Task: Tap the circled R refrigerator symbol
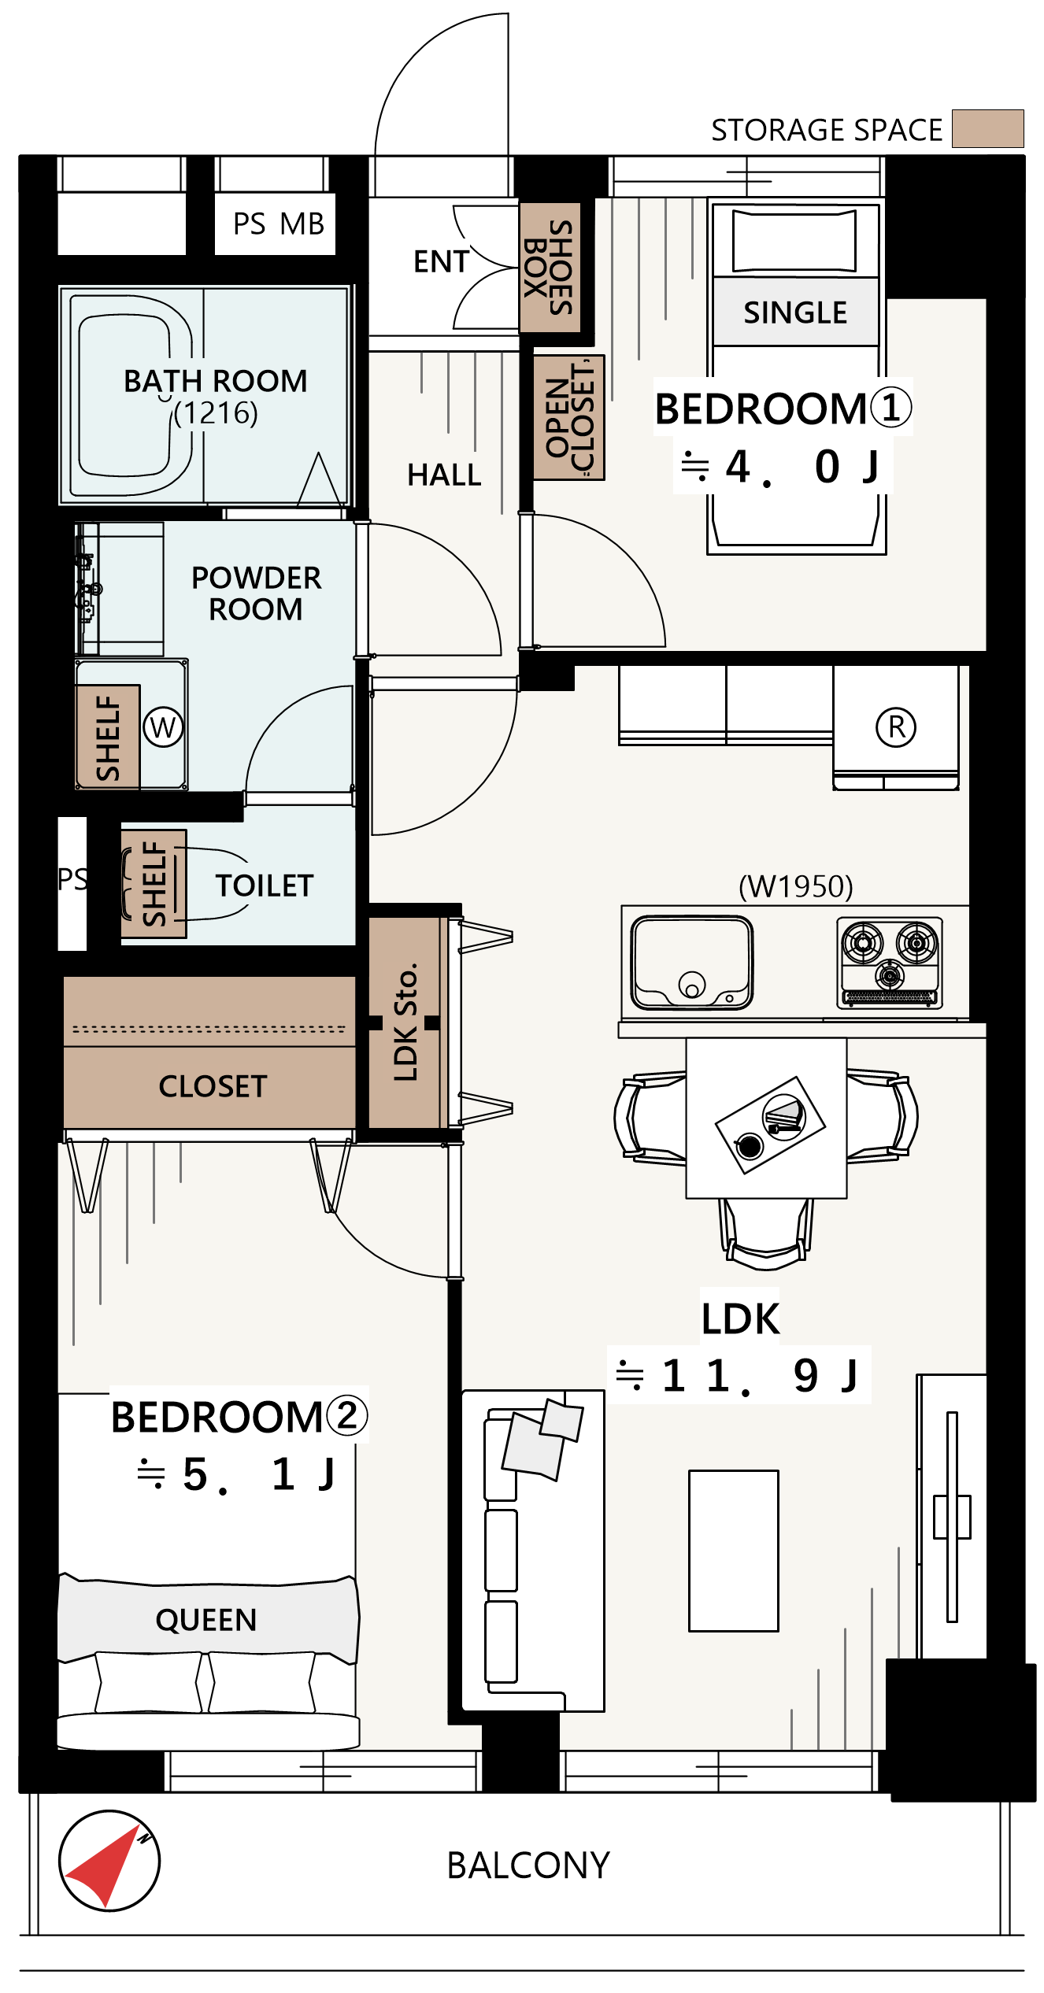(x=896, y=727)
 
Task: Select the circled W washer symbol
(x=163, y=727)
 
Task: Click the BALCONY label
(x=528, y=1865)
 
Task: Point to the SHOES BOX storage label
(x=549, y=268)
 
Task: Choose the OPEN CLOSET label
(x=569, y=417)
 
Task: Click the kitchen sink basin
(x=691, y=962)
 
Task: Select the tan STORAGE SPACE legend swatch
(x=987, y=128)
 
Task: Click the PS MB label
(x=279, y=224)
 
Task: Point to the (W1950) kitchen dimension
(x=795, y=886)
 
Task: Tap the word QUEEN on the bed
(x=206, y=1620)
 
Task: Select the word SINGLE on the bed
(x=795, y=312)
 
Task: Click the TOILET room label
(x=265, y=886)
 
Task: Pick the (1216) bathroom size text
(x=216, y=412)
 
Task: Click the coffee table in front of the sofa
(x=734, y=1551)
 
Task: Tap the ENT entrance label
(x=441, y=261)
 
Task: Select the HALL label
(x=444, y=475)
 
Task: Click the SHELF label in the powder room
(x=108, y=738)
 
